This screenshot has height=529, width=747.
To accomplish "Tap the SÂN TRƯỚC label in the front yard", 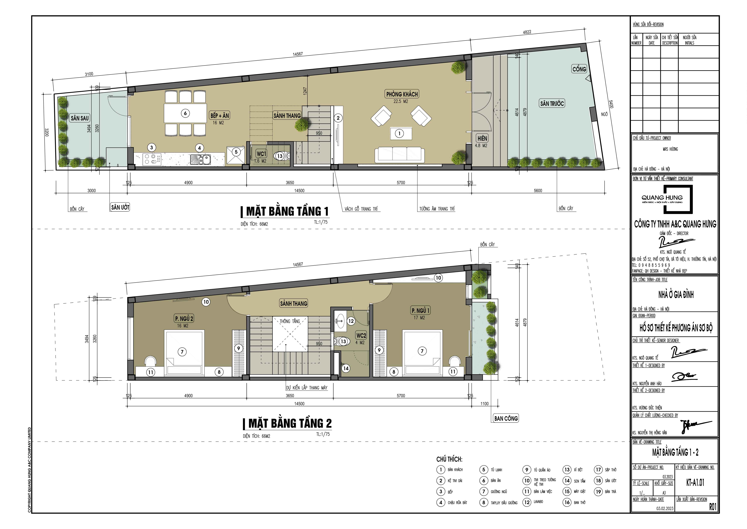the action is point(552,104).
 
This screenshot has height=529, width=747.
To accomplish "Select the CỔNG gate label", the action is point(579,69).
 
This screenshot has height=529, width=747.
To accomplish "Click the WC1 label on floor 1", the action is point(261,154).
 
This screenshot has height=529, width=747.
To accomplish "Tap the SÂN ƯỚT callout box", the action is point(120,207).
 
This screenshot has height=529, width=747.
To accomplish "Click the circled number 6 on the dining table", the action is point(185,113).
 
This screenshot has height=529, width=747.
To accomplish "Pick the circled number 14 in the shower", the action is point(346,368).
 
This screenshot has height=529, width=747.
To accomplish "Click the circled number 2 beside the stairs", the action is point(338,118).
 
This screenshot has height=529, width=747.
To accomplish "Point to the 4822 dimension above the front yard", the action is point(527,32).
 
